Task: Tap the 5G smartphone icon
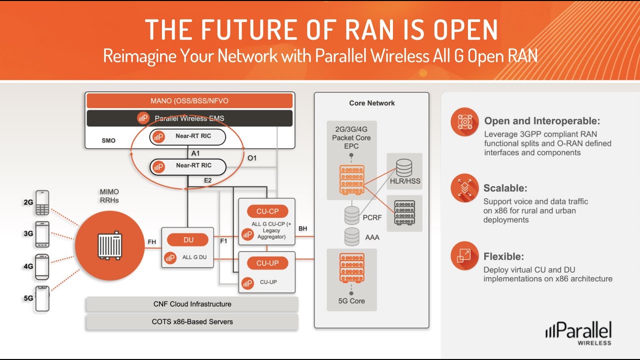[42, 298]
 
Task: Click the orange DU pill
[188, 240]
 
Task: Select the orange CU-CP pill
[267, 211]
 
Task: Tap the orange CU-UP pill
[267, 263]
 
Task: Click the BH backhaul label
[303, 228]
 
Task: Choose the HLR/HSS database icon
[404, 167]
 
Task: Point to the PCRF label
[371, 218]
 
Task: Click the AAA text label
[372, 237]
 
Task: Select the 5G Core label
[351, 301]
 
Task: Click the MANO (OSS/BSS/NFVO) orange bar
[189, 100]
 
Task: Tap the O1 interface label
[252, 158]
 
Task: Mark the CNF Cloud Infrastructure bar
[192, 304]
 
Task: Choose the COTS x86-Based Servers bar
[192, 321]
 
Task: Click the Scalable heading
[505, 188]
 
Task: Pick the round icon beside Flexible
[464, 256]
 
